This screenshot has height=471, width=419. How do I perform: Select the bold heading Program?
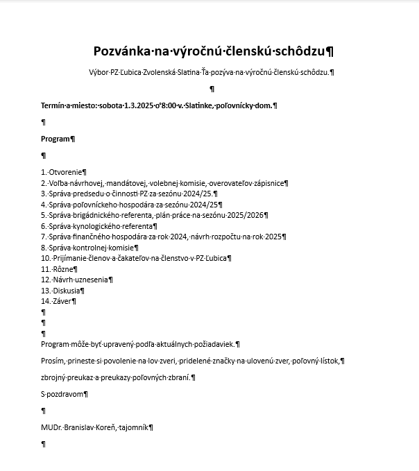tap(55, 139)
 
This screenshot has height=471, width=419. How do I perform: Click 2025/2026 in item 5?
tap(245, 215)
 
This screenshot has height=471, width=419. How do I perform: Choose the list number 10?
tap(46, 258)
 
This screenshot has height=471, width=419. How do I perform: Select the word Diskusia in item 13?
tap(67, 291)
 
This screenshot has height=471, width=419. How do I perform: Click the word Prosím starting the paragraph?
tap(53, 361)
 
